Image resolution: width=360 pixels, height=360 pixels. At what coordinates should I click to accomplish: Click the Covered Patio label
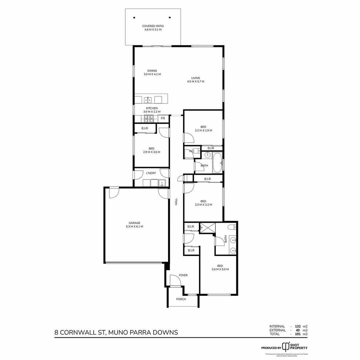pyautogui.click(x=153, y=28)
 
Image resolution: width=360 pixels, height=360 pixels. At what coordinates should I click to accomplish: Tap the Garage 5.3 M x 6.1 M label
pyautogui.click(x=135, y=225)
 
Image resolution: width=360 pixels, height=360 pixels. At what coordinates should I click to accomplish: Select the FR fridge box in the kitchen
pyautogui.click(x=163, y=118)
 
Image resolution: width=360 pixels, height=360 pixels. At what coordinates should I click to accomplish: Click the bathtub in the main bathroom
pyautogui.click(x=217, y=162)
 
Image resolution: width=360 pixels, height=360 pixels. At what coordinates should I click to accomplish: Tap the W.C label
pyautogui.click(x=191, y=151)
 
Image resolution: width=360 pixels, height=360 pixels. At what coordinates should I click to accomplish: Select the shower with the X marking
pyautogui.click(x=207, y=229)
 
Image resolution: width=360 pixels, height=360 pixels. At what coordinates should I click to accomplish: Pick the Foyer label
pyautogui.click(x=183, y=275)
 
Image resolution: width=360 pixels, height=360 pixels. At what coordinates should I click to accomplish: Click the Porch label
pyautogui.click(x=181, y=299)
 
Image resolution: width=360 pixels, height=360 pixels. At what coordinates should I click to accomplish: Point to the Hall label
pyautogui.click(x=176, y=201)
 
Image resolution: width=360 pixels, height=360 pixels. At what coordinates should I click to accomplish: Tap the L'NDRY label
pyautogui.click(x=151, y=173)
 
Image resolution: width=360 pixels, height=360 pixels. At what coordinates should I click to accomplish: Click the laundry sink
pyautogui.click(x=162, y=183)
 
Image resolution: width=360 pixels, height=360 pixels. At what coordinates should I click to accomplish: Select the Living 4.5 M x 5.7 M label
pyautogui.click(x=196, y=80)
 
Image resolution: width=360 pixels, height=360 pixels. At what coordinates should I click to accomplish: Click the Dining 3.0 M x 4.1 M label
pyautogui.click(x=152, y=72)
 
